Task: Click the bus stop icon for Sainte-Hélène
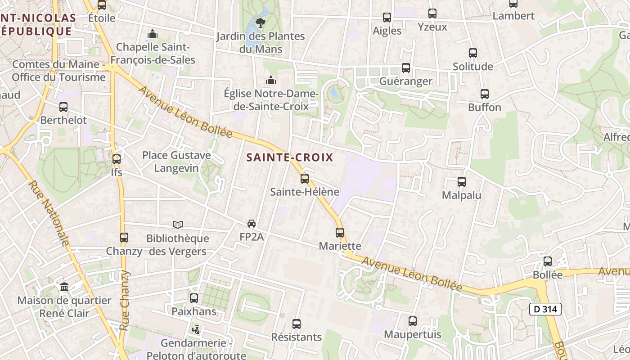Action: (305, 179)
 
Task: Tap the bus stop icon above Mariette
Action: (340, 233)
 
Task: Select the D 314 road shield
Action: (545, 309)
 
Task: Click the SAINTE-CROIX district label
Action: (290, 157)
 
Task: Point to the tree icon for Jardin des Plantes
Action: (260, 22)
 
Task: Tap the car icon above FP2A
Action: (252, 224)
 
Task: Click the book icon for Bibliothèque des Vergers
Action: (178, 225)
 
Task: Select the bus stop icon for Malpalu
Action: (462, 182)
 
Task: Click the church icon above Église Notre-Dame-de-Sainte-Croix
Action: (271, 80)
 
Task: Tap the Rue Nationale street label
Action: (49, 214)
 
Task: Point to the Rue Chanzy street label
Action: (125, 301)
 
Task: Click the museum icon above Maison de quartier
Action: (64, 287)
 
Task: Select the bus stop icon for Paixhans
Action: (194, 298)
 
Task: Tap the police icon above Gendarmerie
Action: (196, 330)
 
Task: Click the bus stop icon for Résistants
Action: (297, 324)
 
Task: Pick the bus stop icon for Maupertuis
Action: (413, 321)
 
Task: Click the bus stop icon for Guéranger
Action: (406, 68)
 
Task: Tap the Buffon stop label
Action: (485, 107)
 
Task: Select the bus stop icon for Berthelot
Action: (63, 107)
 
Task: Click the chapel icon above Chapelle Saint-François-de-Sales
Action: (153, 34)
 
